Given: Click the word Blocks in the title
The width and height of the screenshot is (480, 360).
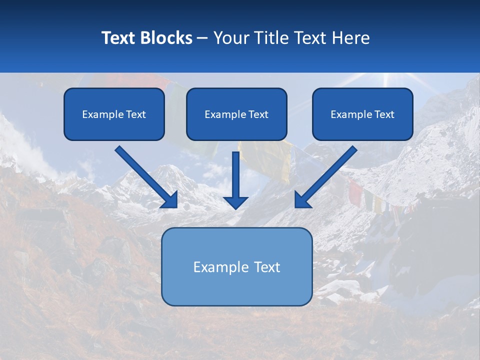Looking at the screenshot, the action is pyautogui.click(x=167, y=38).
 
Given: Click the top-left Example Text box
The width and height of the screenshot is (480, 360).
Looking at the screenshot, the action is pyautogui.click(x=114, y=114).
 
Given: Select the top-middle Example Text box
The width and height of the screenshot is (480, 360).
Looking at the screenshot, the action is pyautogui.click(x=236, y=114).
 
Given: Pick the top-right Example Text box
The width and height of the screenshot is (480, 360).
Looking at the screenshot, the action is pyautogui.click(x=362, y=114).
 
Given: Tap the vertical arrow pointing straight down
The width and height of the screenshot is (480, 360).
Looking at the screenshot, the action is pyautogui.click(x=235, y=175).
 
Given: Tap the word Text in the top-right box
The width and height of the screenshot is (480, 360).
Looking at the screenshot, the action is pyautogui.click(x=384, y=114).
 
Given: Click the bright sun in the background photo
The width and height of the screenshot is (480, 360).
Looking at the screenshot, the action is pyautogui.click(x=386, y=78).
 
